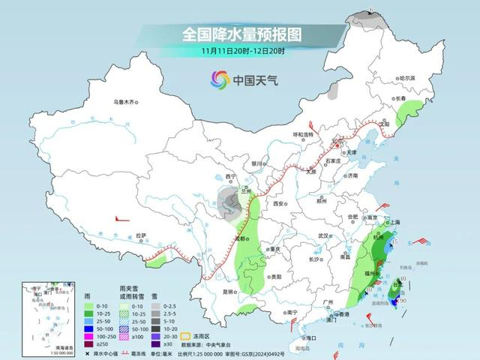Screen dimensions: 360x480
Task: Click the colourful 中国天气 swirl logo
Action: coord(219,79)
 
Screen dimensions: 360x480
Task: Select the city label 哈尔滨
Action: coord(407,78)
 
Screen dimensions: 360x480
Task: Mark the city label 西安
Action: coord(280,203)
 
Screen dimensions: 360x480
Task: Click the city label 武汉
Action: coord(324,235)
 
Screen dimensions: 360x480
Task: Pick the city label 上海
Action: coord(391,222)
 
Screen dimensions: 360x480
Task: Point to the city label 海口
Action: coord(311,338)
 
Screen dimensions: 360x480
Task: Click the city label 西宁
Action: coord(230,177)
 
